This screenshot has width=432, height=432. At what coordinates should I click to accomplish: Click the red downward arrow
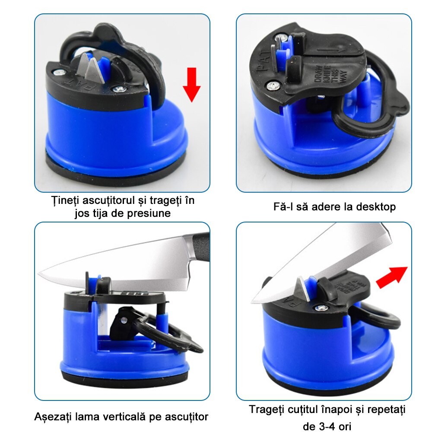point(192,85)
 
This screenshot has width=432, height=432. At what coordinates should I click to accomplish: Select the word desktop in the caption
point(376,207)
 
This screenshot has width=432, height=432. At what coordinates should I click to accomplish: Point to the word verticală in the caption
point(123,416)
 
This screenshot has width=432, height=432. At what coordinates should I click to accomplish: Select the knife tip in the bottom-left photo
point(38,273)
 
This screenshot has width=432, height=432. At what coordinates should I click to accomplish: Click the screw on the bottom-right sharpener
point(320,308)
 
